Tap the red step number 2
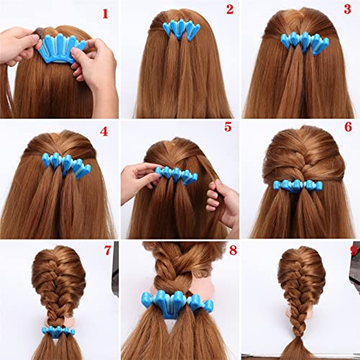pyautogui.click(x=230, y=9)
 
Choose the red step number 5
pyautogui.click(x=228, y=127)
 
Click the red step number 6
pyautogui.click(x=348, y=127)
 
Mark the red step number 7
pyautogui.click(x=108, y=251)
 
